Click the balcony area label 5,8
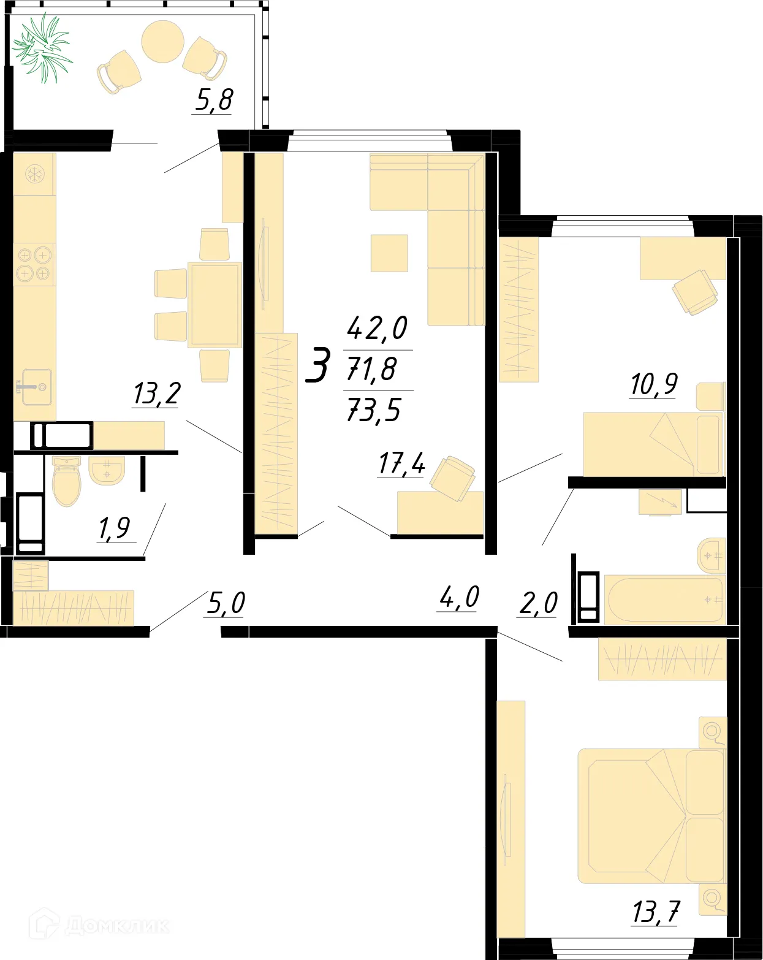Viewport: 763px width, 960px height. point(214,100)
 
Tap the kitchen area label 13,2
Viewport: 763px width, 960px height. point(156,394)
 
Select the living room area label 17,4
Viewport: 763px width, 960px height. point(401,463)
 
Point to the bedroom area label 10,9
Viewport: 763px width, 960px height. point(653,384)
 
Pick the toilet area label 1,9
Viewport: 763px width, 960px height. point(114,528)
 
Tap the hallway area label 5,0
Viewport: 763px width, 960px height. point(226,603)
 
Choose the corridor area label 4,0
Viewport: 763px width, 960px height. point(459,598)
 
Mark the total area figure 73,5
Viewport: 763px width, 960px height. point(374,410)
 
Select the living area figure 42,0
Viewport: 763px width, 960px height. point(377,328)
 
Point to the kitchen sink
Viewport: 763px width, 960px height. point(36,387)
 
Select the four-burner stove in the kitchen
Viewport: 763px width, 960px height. point(34,264)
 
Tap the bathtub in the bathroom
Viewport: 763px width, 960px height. point(664,599)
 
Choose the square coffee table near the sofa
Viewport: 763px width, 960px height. point(389,253)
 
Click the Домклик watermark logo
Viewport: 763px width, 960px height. point(101,924)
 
